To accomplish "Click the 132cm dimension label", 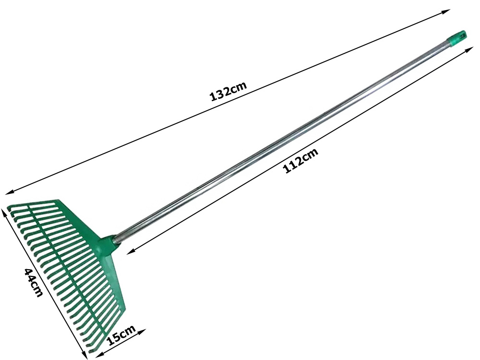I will coord(228,91).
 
